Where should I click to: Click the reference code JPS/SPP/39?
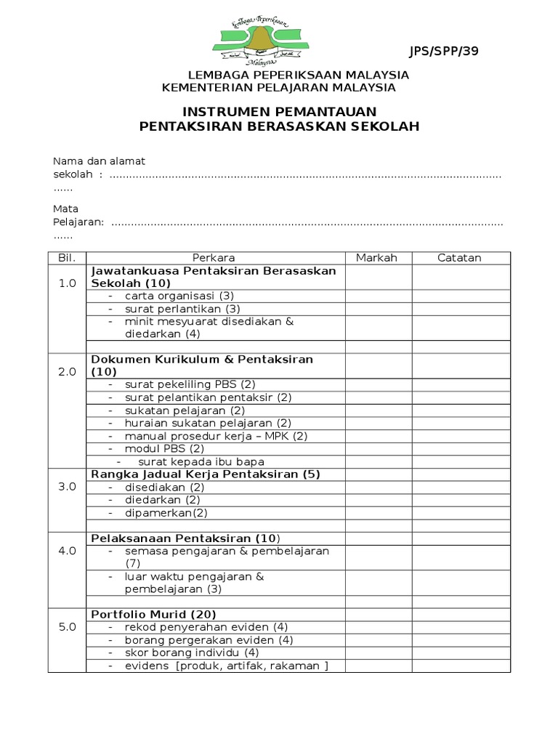(444, 51)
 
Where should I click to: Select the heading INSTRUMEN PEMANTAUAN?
(279, 112)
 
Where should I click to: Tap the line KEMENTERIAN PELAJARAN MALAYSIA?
(279, 88)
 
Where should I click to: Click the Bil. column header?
(67, 258)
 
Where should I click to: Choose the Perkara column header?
(214, 258)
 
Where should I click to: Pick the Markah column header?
(376, 258)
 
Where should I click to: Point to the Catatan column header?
(458, 258)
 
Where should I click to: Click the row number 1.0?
(67, 283)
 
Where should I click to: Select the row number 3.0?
(67, 487)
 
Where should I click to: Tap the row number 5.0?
(67, 627)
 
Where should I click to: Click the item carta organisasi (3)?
(179, 296)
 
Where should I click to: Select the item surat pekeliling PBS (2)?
(190, 384)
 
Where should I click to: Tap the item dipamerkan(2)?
(166, 512)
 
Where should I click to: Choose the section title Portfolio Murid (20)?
(153, 614)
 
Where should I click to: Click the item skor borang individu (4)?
(187, 652)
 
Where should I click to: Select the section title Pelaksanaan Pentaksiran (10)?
(185, 538)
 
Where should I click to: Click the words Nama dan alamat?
(99, 161)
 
